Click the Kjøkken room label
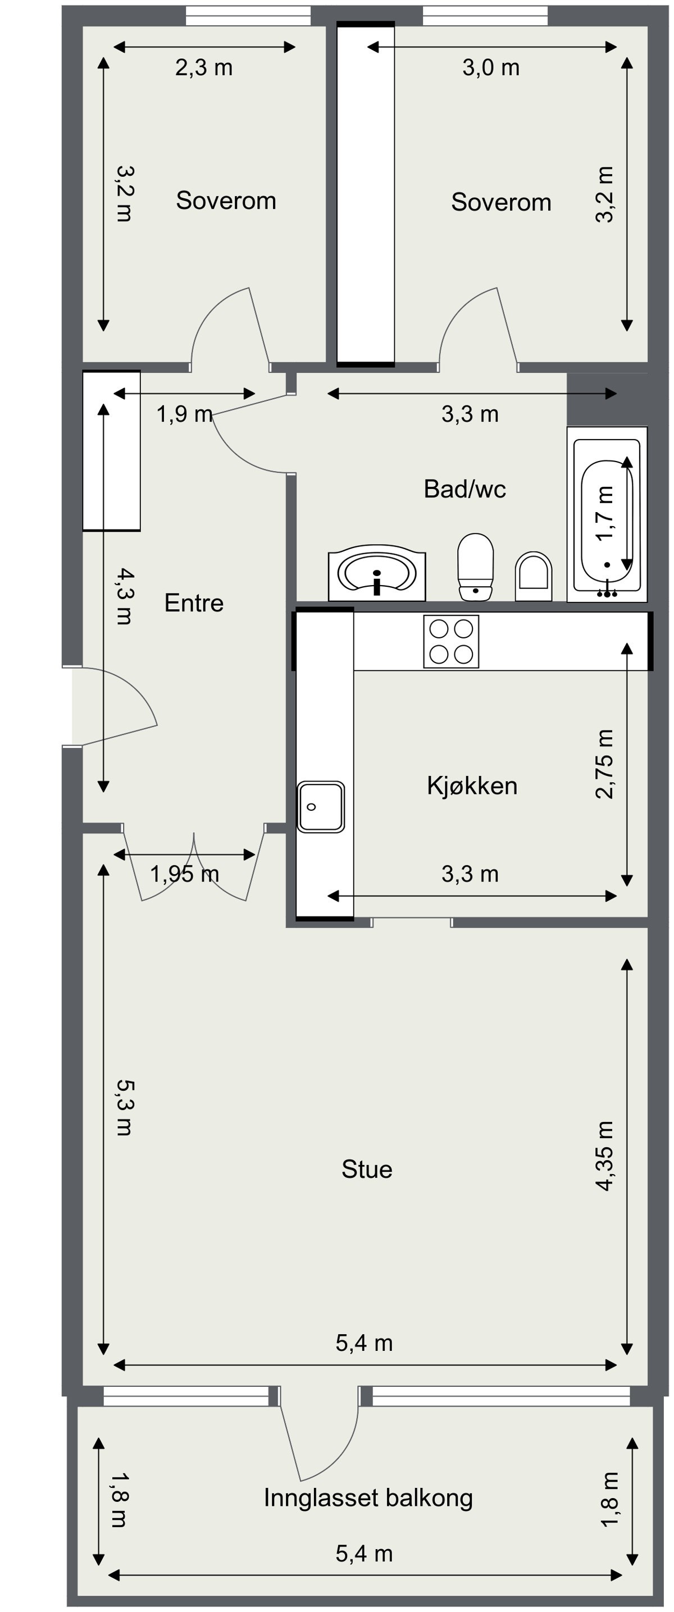472,786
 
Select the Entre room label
193,602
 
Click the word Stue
367,1169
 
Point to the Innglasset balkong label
368,1497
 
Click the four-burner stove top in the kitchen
450,641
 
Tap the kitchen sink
320,807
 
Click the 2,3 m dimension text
203,67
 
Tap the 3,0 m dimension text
491,67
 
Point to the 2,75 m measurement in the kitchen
604,764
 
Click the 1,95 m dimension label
184,874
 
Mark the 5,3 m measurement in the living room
124,1108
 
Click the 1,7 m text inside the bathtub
604,513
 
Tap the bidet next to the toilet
533,576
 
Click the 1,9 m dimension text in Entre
184,414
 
